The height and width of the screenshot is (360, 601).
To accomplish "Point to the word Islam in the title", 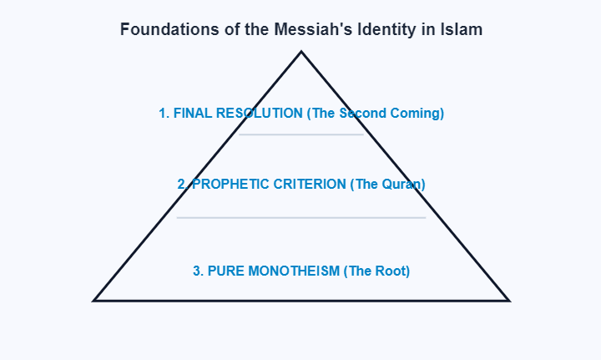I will [x=461, y=29].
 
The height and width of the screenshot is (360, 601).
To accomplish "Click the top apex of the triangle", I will [x=301, y=53].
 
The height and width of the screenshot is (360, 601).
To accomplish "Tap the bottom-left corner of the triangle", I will [x=95, y=299].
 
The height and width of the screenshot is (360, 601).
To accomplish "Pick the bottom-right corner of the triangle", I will [x=508, y=299].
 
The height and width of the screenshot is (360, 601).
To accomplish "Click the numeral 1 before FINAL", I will [x=164, y=113].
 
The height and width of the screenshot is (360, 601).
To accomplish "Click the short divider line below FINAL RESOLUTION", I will [x=300, y=134].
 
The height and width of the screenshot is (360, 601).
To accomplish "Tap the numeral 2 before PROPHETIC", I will [x=182, y=184].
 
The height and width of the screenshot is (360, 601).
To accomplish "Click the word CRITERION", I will [x=305, y=184].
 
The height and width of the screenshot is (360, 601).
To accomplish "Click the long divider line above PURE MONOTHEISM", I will [x=300, y=217].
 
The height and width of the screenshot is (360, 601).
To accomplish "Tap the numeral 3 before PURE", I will [x=198, y=271].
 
